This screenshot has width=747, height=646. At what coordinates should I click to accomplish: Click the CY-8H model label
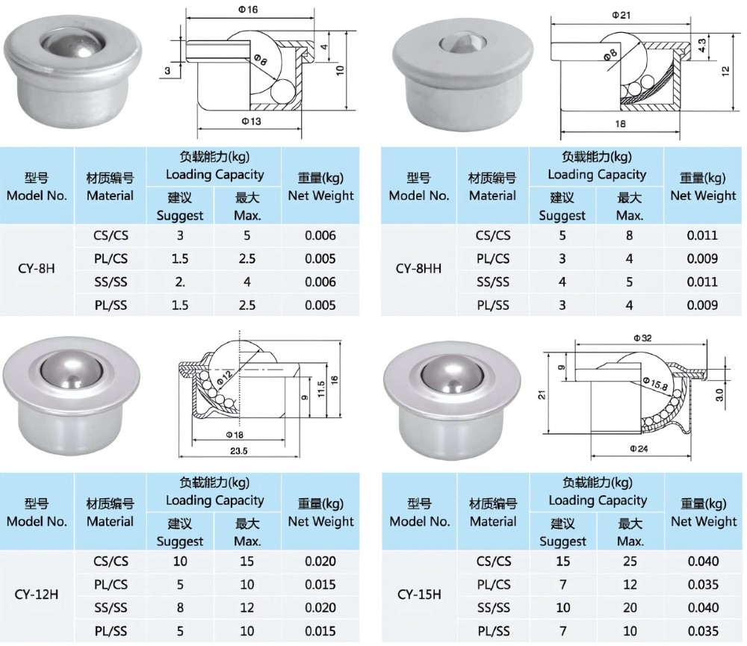tap(36, 270)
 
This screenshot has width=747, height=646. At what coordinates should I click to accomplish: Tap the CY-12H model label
tap(37, 595)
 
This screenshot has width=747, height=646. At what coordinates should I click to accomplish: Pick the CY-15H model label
tap(419, 595)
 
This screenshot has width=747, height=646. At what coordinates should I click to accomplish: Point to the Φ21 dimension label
tap(622, 14)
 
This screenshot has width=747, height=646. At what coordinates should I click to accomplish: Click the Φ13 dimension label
tap(251, 121)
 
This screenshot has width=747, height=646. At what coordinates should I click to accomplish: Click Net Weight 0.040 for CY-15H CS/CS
tap(703, 562)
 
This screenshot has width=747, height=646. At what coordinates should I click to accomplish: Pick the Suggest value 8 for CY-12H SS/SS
tap(180, 608)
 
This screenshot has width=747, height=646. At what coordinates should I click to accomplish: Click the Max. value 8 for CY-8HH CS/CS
tap(630, 235)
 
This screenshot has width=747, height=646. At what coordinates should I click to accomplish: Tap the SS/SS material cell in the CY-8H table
tap(111, 282)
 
